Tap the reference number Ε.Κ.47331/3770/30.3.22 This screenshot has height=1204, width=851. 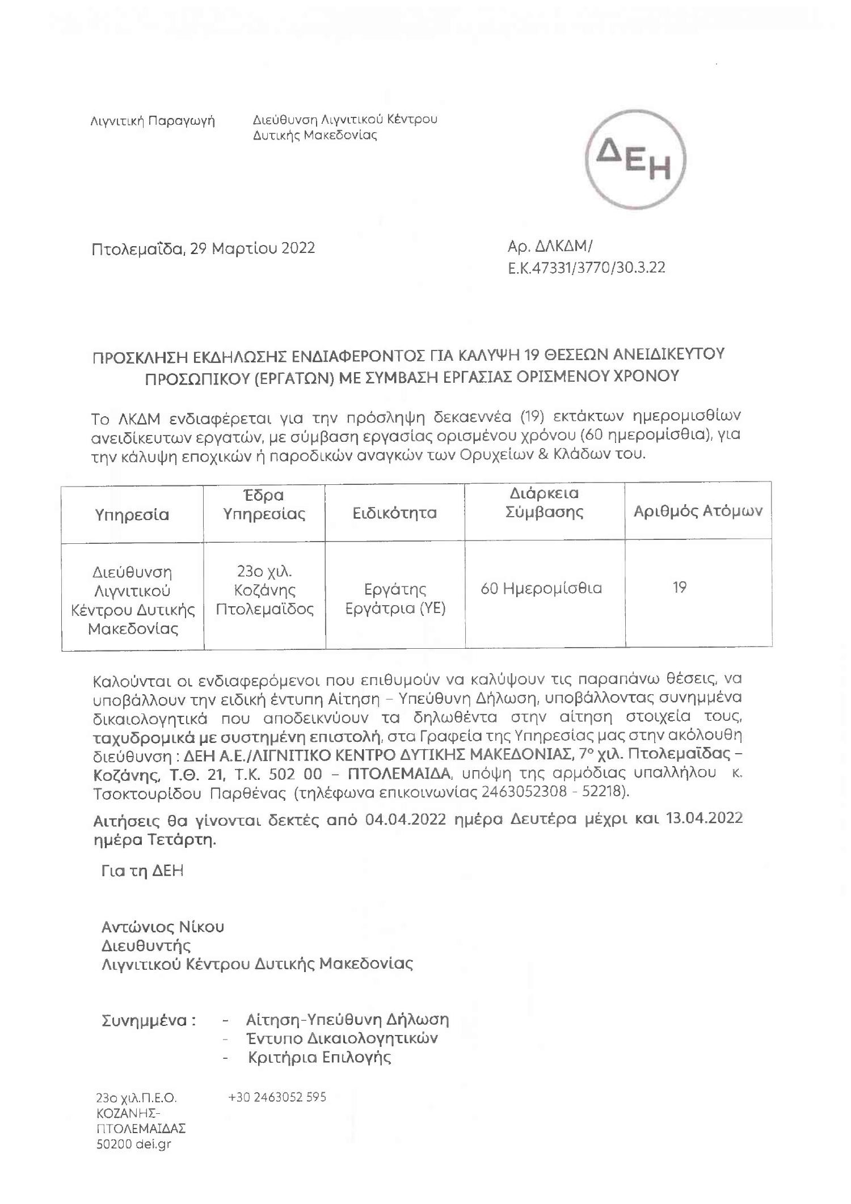point(587,268)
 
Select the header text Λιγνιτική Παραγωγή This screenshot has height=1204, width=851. point(153,121)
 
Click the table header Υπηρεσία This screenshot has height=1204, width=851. point(132,514)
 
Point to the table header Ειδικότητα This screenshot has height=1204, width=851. point(394,513)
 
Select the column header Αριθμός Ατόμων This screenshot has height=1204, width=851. point(698,510)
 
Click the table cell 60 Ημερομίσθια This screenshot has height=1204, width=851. point(541,588)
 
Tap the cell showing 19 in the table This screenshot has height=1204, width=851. point(680,587)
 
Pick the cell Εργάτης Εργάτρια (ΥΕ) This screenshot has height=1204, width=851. point(395,598)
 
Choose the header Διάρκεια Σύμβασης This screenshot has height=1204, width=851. point(544,502)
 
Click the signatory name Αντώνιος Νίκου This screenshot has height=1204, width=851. point(163,927)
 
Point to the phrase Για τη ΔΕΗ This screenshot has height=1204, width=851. point(142,871)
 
